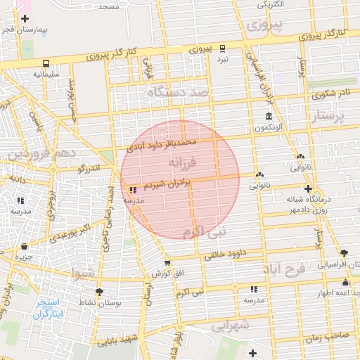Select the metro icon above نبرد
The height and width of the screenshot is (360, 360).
[222, 49]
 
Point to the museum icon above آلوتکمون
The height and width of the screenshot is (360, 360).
[268, 116]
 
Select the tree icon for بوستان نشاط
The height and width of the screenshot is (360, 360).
[98, 291]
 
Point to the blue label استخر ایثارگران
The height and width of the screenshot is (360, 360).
[49, 308]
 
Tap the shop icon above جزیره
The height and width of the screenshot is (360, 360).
[25, 247]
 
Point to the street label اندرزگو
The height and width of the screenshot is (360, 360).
[89, 168]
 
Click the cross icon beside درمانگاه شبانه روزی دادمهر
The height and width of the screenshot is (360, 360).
[308, 188]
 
